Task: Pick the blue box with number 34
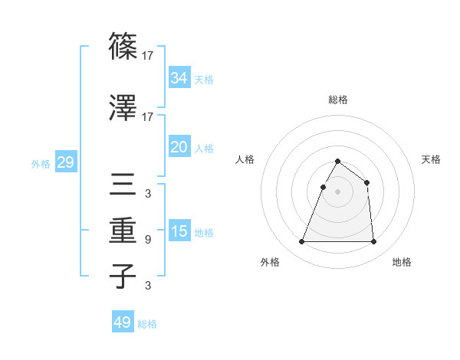click(x=179, y=77)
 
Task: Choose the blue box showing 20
click(x=179, y=146)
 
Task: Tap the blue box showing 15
click(x=179, y=231)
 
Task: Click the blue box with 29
click(x=65, y=162)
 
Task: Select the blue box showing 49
click(x=123, y=322)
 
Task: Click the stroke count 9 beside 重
click(x=147, y=240)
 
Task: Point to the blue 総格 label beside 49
click(x=147, y=324)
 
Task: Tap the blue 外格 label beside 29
click(x=41, y=163)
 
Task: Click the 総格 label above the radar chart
click(x=337, y=100)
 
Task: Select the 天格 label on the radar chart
click(x=431, y=159)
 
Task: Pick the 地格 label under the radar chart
click(x=402, y=262)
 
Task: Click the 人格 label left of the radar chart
click(x=245, y=159)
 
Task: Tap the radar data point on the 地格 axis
click(x=373, y=242)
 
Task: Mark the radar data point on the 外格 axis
click(x=301, y=242)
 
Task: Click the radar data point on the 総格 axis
click(x=337, y=162)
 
